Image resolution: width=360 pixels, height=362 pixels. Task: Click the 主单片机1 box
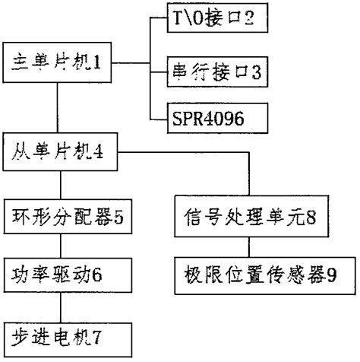[x=60, y=77]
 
